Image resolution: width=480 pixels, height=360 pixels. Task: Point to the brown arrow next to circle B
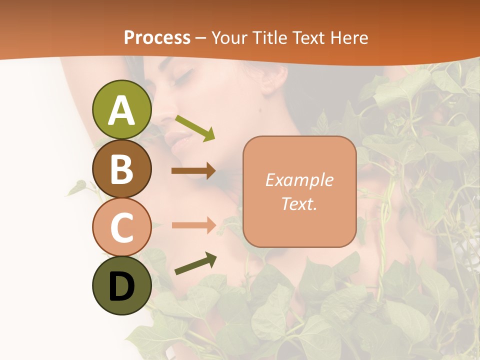pyautogui.click(x=193, y=171)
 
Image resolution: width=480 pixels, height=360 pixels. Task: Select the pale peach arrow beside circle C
pyautogui.click(x=193, y=225)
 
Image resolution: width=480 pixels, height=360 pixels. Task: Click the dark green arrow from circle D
pyautogui.click(x=195, y=263)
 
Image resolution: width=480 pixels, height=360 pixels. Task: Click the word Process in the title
pyautogui.click(x=157, y=37)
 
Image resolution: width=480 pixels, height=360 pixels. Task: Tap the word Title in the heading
pyautogui.click(x=268, y=37)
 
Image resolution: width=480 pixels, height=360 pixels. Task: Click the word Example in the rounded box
pyautogui.click(x=299, y=180)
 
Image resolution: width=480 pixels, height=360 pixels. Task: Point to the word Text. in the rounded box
pyautogui.click(x=299, y=203)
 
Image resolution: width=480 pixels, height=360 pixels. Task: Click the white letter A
pyautogui.click(x=121, y=110)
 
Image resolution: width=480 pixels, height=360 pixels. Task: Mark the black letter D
pyautogui.click(x=121, y=286)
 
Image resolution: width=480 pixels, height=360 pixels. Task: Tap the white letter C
pyautogui.click(x=121, y=227)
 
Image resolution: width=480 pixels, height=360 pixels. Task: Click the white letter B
pyautogui.click(x=121, y=169)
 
